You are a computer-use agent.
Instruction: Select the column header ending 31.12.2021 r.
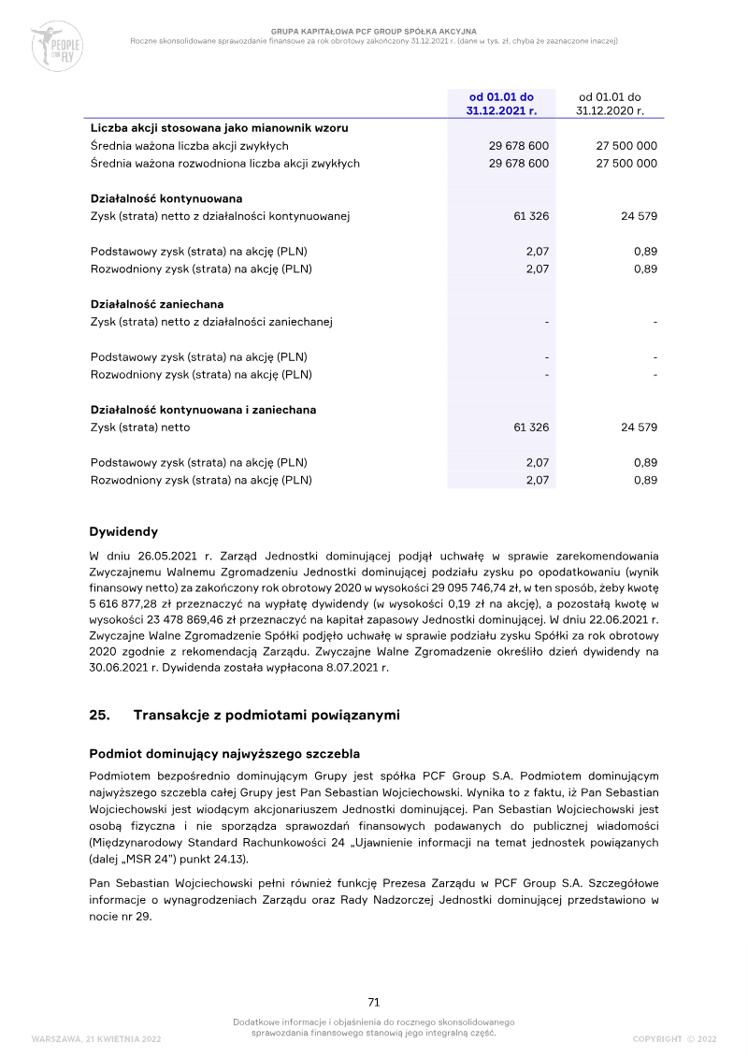tap(501, 103)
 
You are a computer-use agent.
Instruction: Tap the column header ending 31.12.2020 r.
tap(610, 103)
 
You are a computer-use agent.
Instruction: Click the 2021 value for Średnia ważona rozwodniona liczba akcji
tap(518, 164)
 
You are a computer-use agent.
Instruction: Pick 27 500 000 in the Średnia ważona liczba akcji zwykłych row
tap(626, 146)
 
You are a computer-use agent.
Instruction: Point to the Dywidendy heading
tap(123, 532)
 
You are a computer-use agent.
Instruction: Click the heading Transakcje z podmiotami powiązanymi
tap(266, 716)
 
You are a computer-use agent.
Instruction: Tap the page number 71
tap(374, 1002)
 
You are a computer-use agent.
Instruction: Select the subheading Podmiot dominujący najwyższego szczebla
tap(224, 754)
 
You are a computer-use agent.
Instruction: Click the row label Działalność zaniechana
tap(156, 304)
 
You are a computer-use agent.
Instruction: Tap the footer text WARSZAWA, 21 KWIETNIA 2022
tap(96, 1039)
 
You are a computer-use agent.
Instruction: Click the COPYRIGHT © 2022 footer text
tap(674, 1039)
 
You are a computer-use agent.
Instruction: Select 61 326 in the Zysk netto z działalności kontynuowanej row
tap(531, 216)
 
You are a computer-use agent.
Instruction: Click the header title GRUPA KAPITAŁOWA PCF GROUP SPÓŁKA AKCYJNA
tap(374, 31)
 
